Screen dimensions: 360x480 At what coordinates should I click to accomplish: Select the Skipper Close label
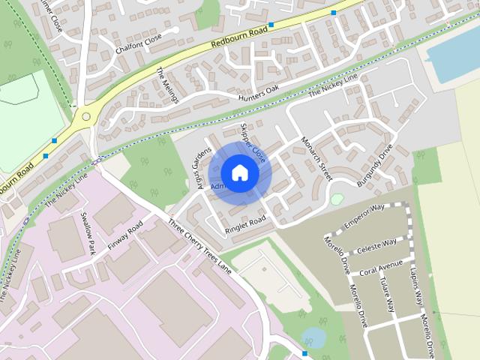click(253, 142)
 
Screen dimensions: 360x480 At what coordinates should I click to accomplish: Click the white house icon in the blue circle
click(239, 172)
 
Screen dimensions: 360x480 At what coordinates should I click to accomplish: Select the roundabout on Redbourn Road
click(86, 116)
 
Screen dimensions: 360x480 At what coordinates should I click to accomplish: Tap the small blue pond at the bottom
click(313, 337)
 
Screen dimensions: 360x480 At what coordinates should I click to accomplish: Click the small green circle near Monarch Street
click(337, 199)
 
